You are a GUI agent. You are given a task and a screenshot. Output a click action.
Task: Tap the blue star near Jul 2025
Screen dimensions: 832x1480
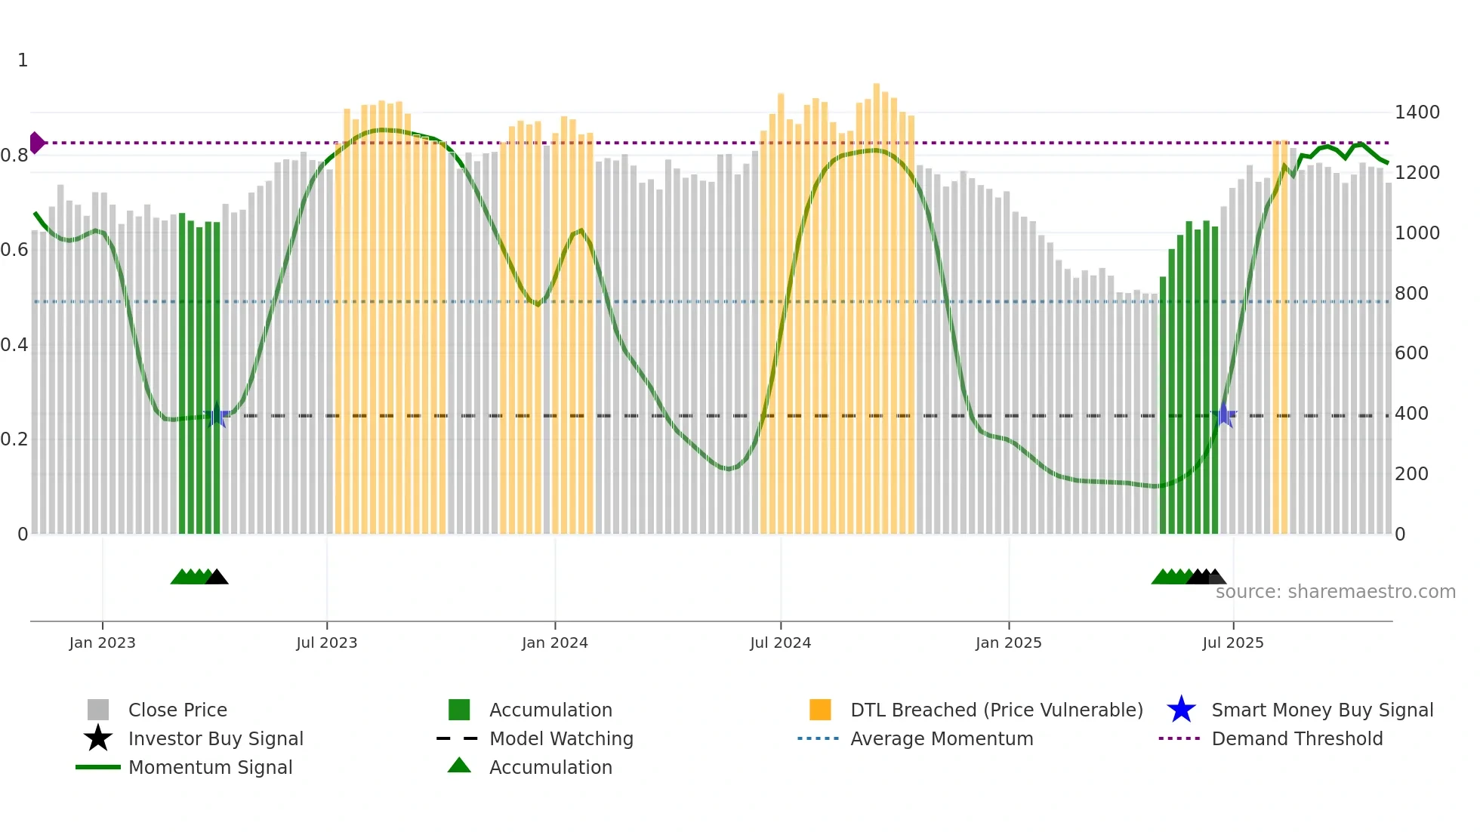click(1224, 414)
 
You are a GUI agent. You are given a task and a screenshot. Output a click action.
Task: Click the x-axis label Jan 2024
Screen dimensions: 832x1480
click(554, 642)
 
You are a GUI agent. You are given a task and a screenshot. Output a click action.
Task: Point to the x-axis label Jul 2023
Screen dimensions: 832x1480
click(326, 642)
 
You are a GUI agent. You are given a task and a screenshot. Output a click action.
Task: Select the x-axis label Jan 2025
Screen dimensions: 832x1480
click(1008, 642)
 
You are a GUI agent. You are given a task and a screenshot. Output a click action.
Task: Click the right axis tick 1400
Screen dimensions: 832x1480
click(1417, 112)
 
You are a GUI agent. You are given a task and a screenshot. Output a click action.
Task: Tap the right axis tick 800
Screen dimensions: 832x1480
click(1411, 293)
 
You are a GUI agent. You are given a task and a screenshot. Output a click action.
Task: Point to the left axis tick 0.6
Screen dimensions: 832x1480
click(14, 250)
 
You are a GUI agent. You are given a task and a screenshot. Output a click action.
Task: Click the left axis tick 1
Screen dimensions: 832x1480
click(23, 60)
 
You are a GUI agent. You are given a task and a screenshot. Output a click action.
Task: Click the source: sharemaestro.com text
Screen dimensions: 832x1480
click(1335, 592)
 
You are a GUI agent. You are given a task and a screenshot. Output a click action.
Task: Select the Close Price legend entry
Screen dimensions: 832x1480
click(177, 710)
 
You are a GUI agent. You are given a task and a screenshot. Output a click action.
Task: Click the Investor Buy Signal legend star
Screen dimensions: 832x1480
click(98, 738)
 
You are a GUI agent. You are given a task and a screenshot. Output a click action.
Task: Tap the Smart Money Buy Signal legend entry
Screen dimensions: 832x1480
click(1321, 710)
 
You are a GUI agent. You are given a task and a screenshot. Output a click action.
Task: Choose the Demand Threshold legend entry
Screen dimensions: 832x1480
click(1297, 738)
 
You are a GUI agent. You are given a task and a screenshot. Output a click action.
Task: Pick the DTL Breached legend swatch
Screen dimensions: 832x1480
click(820, 710)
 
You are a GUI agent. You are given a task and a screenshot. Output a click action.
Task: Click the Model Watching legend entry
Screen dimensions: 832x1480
click(560, 738)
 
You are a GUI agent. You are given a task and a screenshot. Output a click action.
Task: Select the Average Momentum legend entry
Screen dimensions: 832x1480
click(941, 738)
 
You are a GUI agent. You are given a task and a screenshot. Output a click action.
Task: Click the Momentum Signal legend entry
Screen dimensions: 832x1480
click(210, 767)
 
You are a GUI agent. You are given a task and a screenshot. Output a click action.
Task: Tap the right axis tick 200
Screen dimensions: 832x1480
click(1411, 474)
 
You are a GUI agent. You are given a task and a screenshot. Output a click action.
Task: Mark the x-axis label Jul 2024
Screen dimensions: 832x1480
click(780, 642)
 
